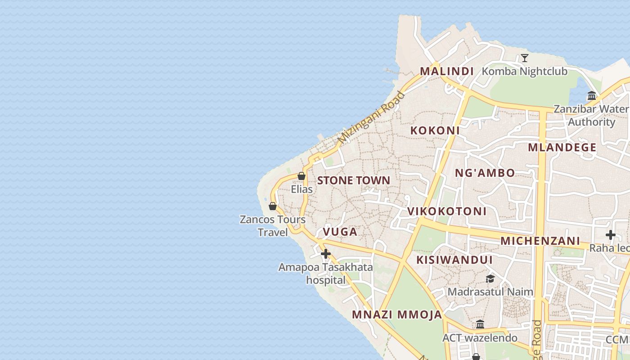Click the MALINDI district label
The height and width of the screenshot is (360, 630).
447,71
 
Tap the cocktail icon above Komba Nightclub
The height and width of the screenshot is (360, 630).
524,58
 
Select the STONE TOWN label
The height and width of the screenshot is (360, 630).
354,180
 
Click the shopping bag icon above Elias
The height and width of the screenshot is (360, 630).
301,176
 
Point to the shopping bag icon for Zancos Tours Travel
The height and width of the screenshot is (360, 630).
273,206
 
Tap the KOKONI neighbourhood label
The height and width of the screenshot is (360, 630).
435,130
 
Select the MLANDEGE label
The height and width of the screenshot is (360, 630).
562,148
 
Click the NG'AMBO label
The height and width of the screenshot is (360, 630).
485,173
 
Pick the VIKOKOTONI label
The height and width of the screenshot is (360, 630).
447,211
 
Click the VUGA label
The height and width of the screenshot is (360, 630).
340,232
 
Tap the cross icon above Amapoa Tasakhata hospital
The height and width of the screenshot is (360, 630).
325,254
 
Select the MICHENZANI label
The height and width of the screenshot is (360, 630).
540,241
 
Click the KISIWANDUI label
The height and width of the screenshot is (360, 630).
454,260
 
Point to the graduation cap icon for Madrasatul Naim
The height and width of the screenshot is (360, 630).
490,279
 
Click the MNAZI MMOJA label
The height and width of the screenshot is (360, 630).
397,315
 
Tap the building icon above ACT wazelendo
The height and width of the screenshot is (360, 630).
480,324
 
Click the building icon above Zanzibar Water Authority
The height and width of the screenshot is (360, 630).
591,95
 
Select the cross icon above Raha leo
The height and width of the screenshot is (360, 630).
610,234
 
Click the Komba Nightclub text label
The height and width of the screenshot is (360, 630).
524,71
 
